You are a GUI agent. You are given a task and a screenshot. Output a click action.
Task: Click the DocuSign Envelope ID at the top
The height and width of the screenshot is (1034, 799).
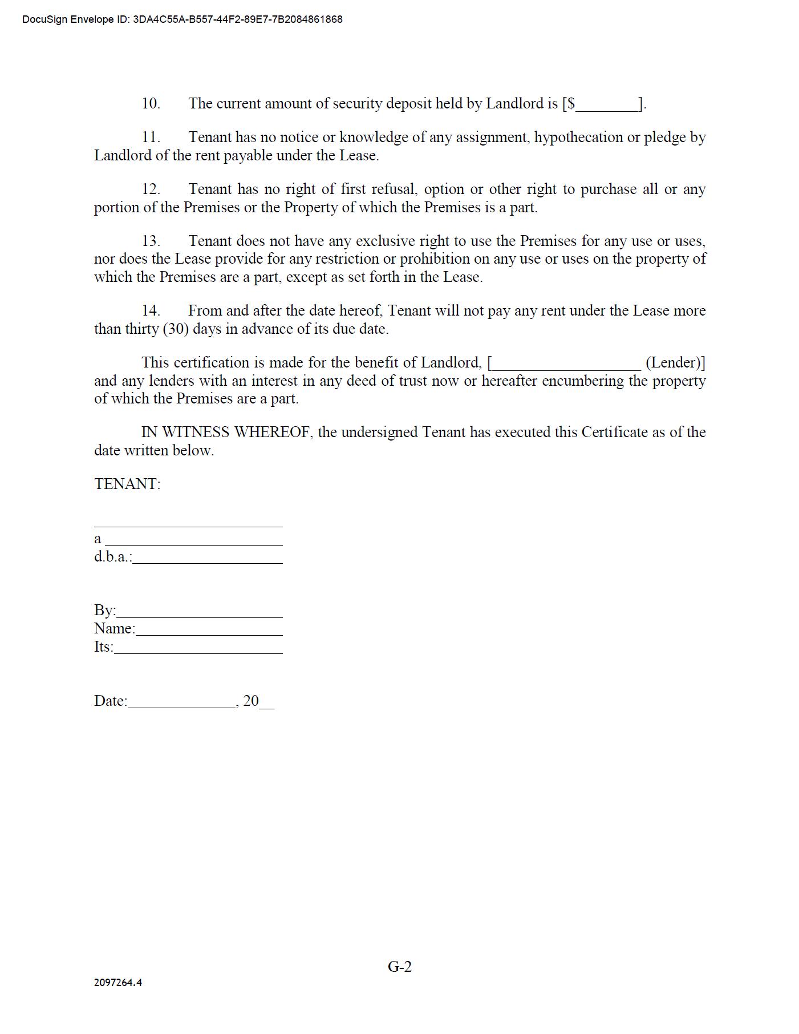coord(182,19)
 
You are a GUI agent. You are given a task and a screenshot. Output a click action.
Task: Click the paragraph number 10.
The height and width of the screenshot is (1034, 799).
coord(151,103)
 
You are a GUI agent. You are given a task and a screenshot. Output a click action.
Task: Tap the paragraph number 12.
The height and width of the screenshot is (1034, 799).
coord(151,189)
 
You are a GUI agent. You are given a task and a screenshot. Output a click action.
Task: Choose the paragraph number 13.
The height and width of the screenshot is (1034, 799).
coord(151,241)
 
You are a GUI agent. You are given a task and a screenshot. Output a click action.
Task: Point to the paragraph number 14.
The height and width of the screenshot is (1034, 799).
coord(151,310)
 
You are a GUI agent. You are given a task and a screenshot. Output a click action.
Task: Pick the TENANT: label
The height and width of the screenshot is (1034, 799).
coord(127,484)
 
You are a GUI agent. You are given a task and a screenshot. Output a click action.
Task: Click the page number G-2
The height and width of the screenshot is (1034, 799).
coord(399,967)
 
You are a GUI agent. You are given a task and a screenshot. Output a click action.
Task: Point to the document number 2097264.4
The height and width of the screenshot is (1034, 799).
coord(118,983)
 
